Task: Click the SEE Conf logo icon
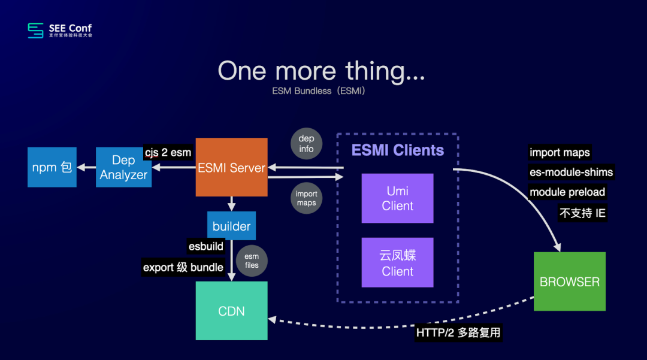point(35,30)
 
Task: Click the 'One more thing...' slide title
point(321,71)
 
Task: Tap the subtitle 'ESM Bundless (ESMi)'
point(318,92)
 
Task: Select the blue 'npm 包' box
point(52,167)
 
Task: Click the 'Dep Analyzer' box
point(123,167)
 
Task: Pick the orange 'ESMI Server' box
point(231,167)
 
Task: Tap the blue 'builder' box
point(231,226)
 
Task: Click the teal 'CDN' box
point(231,311)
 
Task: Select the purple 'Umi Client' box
point(397,198)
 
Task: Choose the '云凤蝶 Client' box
point(397,262)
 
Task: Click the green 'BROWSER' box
point(569,282)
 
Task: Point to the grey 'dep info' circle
point(306,144)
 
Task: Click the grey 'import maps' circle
point(306,198)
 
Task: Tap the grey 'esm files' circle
point(252,261)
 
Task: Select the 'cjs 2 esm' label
point(168,152)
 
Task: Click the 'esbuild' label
point(206,246)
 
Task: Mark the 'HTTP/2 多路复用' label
point(458,332)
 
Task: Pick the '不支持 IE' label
point(583,213)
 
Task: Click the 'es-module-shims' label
point(571,173)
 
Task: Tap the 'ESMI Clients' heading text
point(398,150)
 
